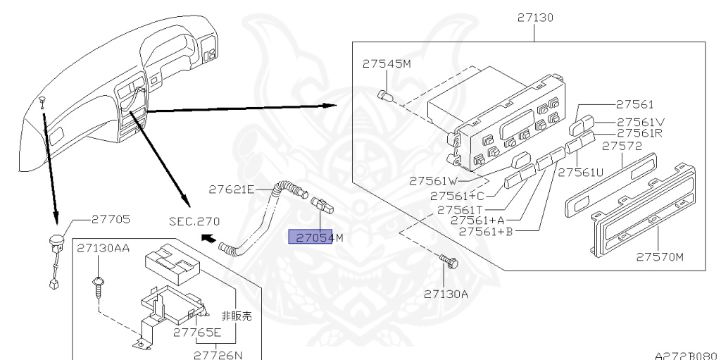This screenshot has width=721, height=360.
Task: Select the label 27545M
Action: pos(387,63)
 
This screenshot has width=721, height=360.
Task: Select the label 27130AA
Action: pos(104,248)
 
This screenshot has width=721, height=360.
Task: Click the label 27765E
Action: pos(198,333)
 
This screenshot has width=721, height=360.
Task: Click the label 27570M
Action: pos(660,256)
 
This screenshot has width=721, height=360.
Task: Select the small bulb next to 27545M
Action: pos(385,94)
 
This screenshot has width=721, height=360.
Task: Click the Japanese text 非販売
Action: pos(237,316)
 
